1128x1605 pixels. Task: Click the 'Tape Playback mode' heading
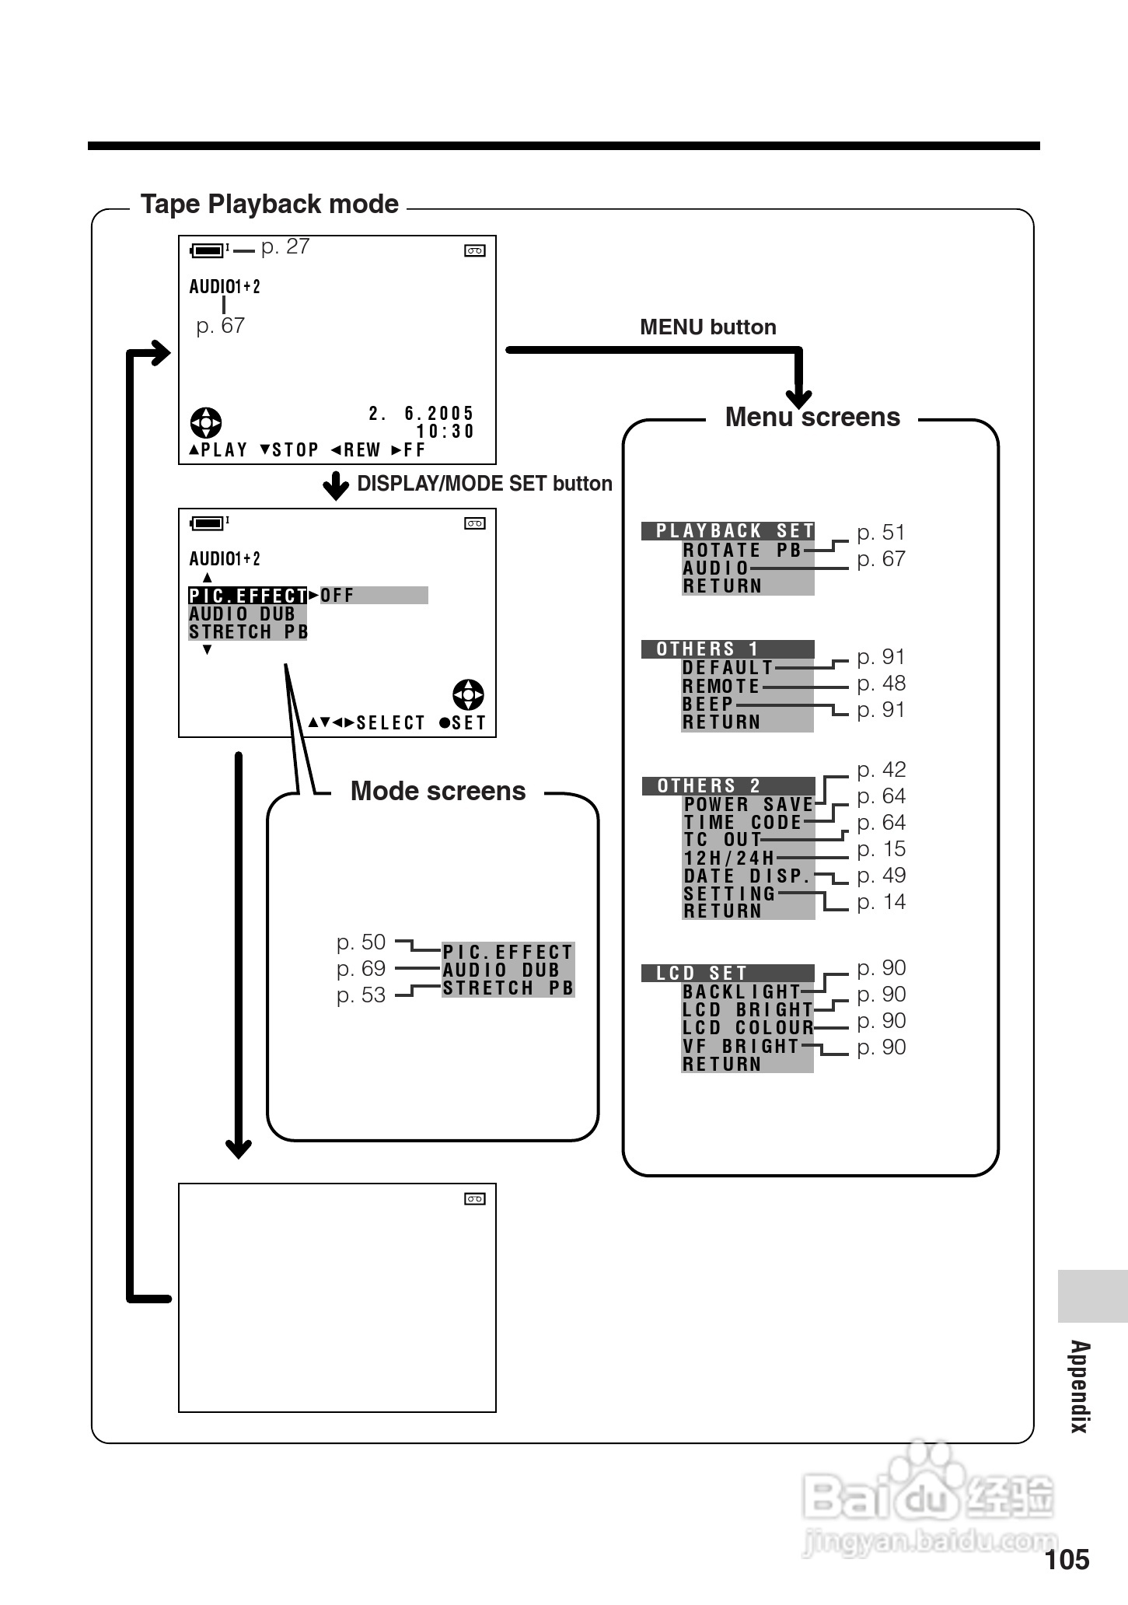(x=269, y=204)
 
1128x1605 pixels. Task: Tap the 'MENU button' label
(x=708, y=327)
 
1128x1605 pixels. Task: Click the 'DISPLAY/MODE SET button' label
(x=484, y=484)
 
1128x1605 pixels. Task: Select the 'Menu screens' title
(x=812, y=417)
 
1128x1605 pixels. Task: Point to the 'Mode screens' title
(x=438, y=791)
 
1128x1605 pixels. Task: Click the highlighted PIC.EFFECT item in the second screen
(x=248, y=596)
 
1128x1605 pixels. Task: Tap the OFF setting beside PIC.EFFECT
(x=337, y=596)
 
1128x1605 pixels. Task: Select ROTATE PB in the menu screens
(x=742, y=550)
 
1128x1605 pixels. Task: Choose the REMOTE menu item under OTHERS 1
(x=721, y=687)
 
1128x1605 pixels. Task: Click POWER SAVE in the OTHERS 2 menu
(x=749, y=805)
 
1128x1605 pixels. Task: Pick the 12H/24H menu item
(x=729, y=858)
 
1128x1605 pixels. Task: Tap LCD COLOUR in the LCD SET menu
(x=748, y=1028)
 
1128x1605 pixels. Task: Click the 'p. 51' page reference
(x=881, y=533)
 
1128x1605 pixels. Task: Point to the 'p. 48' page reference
(x=881, y=684)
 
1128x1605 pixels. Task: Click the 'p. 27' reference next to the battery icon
(x=285, y=247)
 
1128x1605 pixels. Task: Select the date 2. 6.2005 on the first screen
(x=421, y=414)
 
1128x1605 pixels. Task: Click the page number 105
(x=1067, y=1560)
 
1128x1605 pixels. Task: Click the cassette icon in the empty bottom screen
(x=475, y=1199)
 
